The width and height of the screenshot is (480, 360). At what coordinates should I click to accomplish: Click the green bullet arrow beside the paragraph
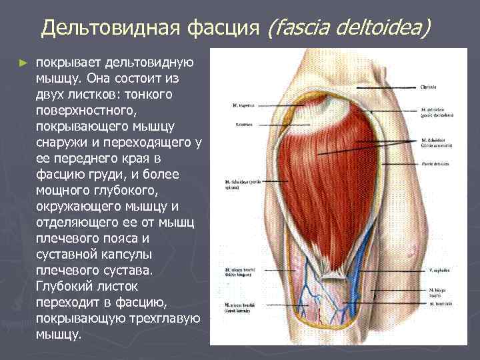coord(24,63)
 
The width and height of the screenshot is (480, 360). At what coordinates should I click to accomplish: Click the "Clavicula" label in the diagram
coord(429,87)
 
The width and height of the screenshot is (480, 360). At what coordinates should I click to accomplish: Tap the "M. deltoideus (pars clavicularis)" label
coord(437,113)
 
